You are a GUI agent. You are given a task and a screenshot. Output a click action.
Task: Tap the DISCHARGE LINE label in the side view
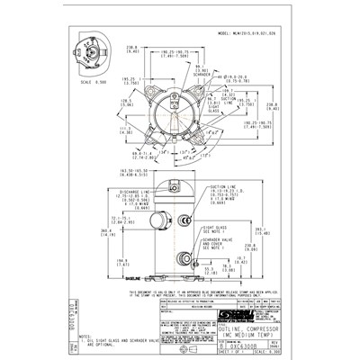tap(131, 191)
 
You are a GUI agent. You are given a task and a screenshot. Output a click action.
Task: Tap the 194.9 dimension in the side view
tap(123, 263)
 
